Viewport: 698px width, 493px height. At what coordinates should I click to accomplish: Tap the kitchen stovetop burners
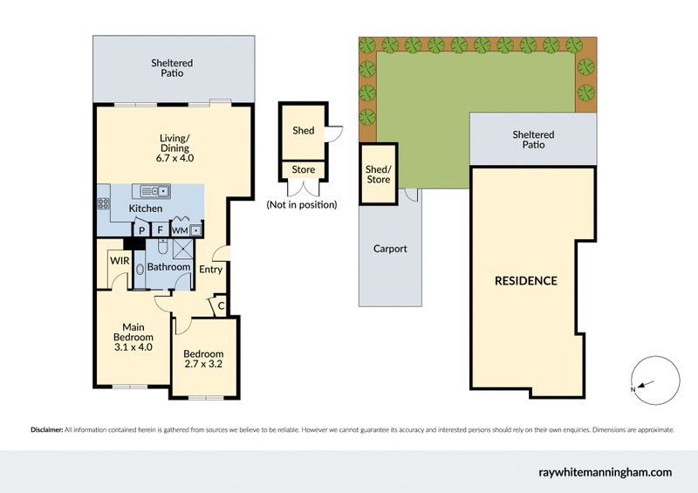point(102,205)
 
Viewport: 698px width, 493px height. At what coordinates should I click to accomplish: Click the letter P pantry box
point(140,230)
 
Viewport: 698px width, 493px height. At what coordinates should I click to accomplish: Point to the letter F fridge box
point(160,230)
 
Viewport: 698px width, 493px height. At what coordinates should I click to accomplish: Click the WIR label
point(120,259)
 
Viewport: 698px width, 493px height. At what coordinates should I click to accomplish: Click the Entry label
point(211,270)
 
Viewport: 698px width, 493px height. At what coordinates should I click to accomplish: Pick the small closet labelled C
point(222,306)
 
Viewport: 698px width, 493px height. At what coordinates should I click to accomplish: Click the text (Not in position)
point(302,205)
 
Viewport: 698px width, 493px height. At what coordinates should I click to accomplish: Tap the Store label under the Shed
point(304,170)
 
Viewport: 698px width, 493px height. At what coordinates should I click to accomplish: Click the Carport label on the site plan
point(390,249)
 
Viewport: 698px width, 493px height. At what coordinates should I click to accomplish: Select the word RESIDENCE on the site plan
point(526,281)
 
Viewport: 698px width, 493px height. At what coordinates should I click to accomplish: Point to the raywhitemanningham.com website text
point(605,472)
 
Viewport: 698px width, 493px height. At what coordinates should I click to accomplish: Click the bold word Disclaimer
point(46,430)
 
